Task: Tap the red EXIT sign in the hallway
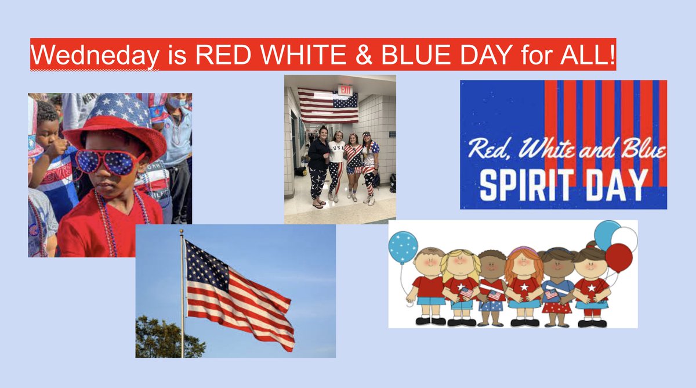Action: click(x=346, y=91)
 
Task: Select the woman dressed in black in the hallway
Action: click(x=318, y=163)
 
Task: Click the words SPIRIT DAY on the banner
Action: click(x=563, y=185)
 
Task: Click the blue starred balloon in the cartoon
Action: click(x=403, y=247)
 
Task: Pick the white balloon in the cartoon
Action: click(x=624, y=238)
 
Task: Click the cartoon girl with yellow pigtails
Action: click(x=458, y=285)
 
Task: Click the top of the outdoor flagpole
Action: click(x=181, y=232)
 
